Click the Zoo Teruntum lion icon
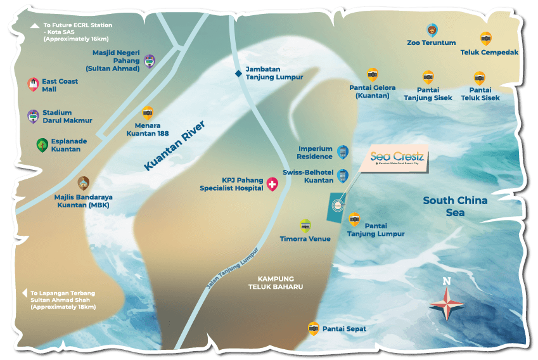432,30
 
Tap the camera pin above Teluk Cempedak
485,38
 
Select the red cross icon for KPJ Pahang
273,185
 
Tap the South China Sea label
455,207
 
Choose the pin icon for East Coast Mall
32,84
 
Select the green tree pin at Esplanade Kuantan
41,145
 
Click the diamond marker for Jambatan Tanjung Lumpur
238,74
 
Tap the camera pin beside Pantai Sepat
313,328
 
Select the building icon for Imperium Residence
342,151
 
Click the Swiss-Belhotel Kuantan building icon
343,176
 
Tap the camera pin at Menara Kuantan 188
148,113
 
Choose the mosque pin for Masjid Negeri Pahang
150,61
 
